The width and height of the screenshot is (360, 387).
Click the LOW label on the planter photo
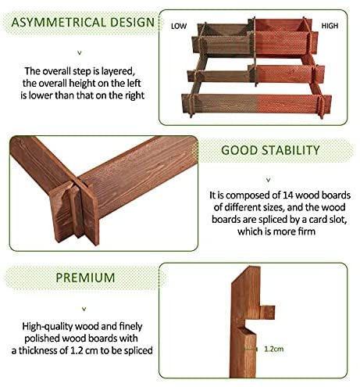(x=179, y=26)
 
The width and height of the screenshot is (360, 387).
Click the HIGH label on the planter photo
(x=330, y=26)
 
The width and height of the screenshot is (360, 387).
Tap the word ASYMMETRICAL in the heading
(x=59, y=23)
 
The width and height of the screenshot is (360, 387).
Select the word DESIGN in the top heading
(x=132, y=23)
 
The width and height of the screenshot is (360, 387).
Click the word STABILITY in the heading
(x=290, y=150)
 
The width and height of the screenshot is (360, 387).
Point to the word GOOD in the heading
(x=239, y=150)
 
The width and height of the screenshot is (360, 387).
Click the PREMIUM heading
(x=85, y=278)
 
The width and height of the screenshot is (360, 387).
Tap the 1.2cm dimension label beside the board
(x=273, y=349)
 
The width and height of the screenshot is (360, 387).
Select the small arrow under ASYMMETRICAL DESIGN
(x=80, y=53)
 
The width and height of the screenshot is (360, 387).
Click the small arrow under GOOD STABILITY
(x=269, y=180)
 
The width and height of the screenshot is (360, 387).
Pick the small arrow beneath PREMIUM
(x=84, y=310)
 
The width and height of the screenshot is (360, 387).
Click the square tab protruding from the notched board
(x=267, y=312)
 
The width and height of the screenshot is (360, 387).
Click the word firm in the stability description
(x=307, y=231)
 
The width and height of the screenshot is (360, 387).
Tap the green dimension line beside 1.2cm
(x=251, y=349)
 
